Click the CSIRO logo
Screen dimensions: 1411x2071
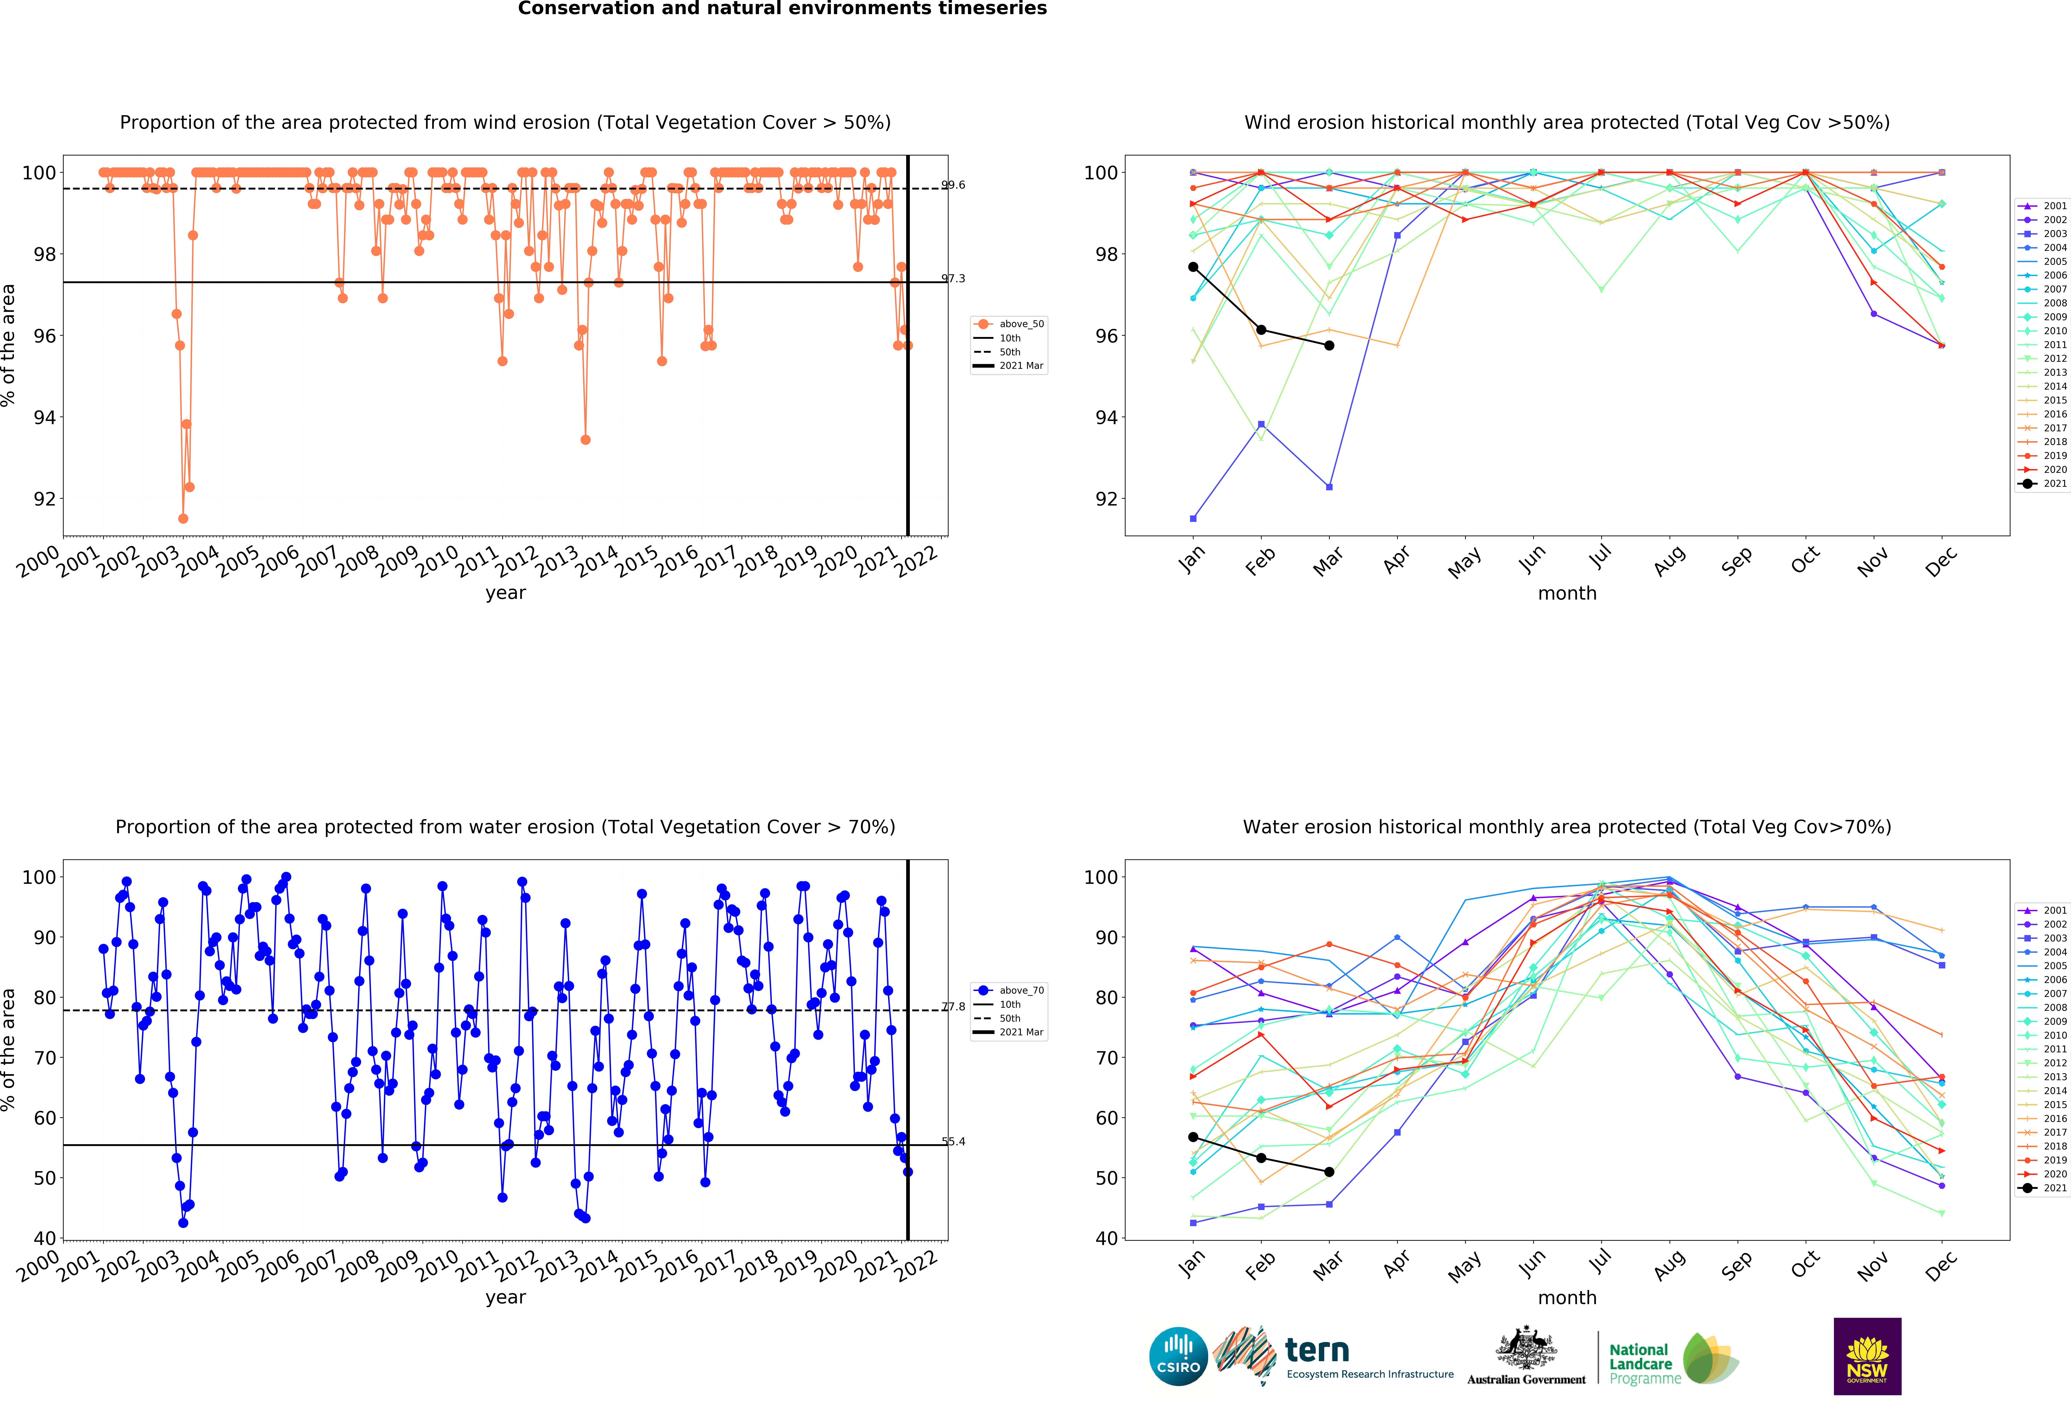click(1178, 1356)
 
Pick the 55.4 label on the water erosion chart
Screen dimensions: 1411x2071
click(953, 1141)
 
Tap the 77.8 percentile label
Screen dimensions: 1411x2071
click(953, 1007)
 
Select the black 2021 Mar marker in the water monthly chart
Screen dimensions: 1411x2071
click(1329, 1171)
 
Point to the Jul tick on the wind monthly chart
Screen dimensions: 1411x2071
click(1601, 557)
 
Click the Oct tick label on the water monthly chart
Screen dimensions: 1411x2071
click(1805, 1263)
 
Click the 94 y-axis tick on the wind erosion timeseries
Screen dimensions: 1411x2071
click(45, 418)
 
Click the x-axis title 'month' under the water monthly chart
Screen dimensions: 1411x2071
click(1567, 1297)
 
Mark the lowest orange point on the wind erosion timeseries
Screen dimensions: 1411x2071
click(183, 518)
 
